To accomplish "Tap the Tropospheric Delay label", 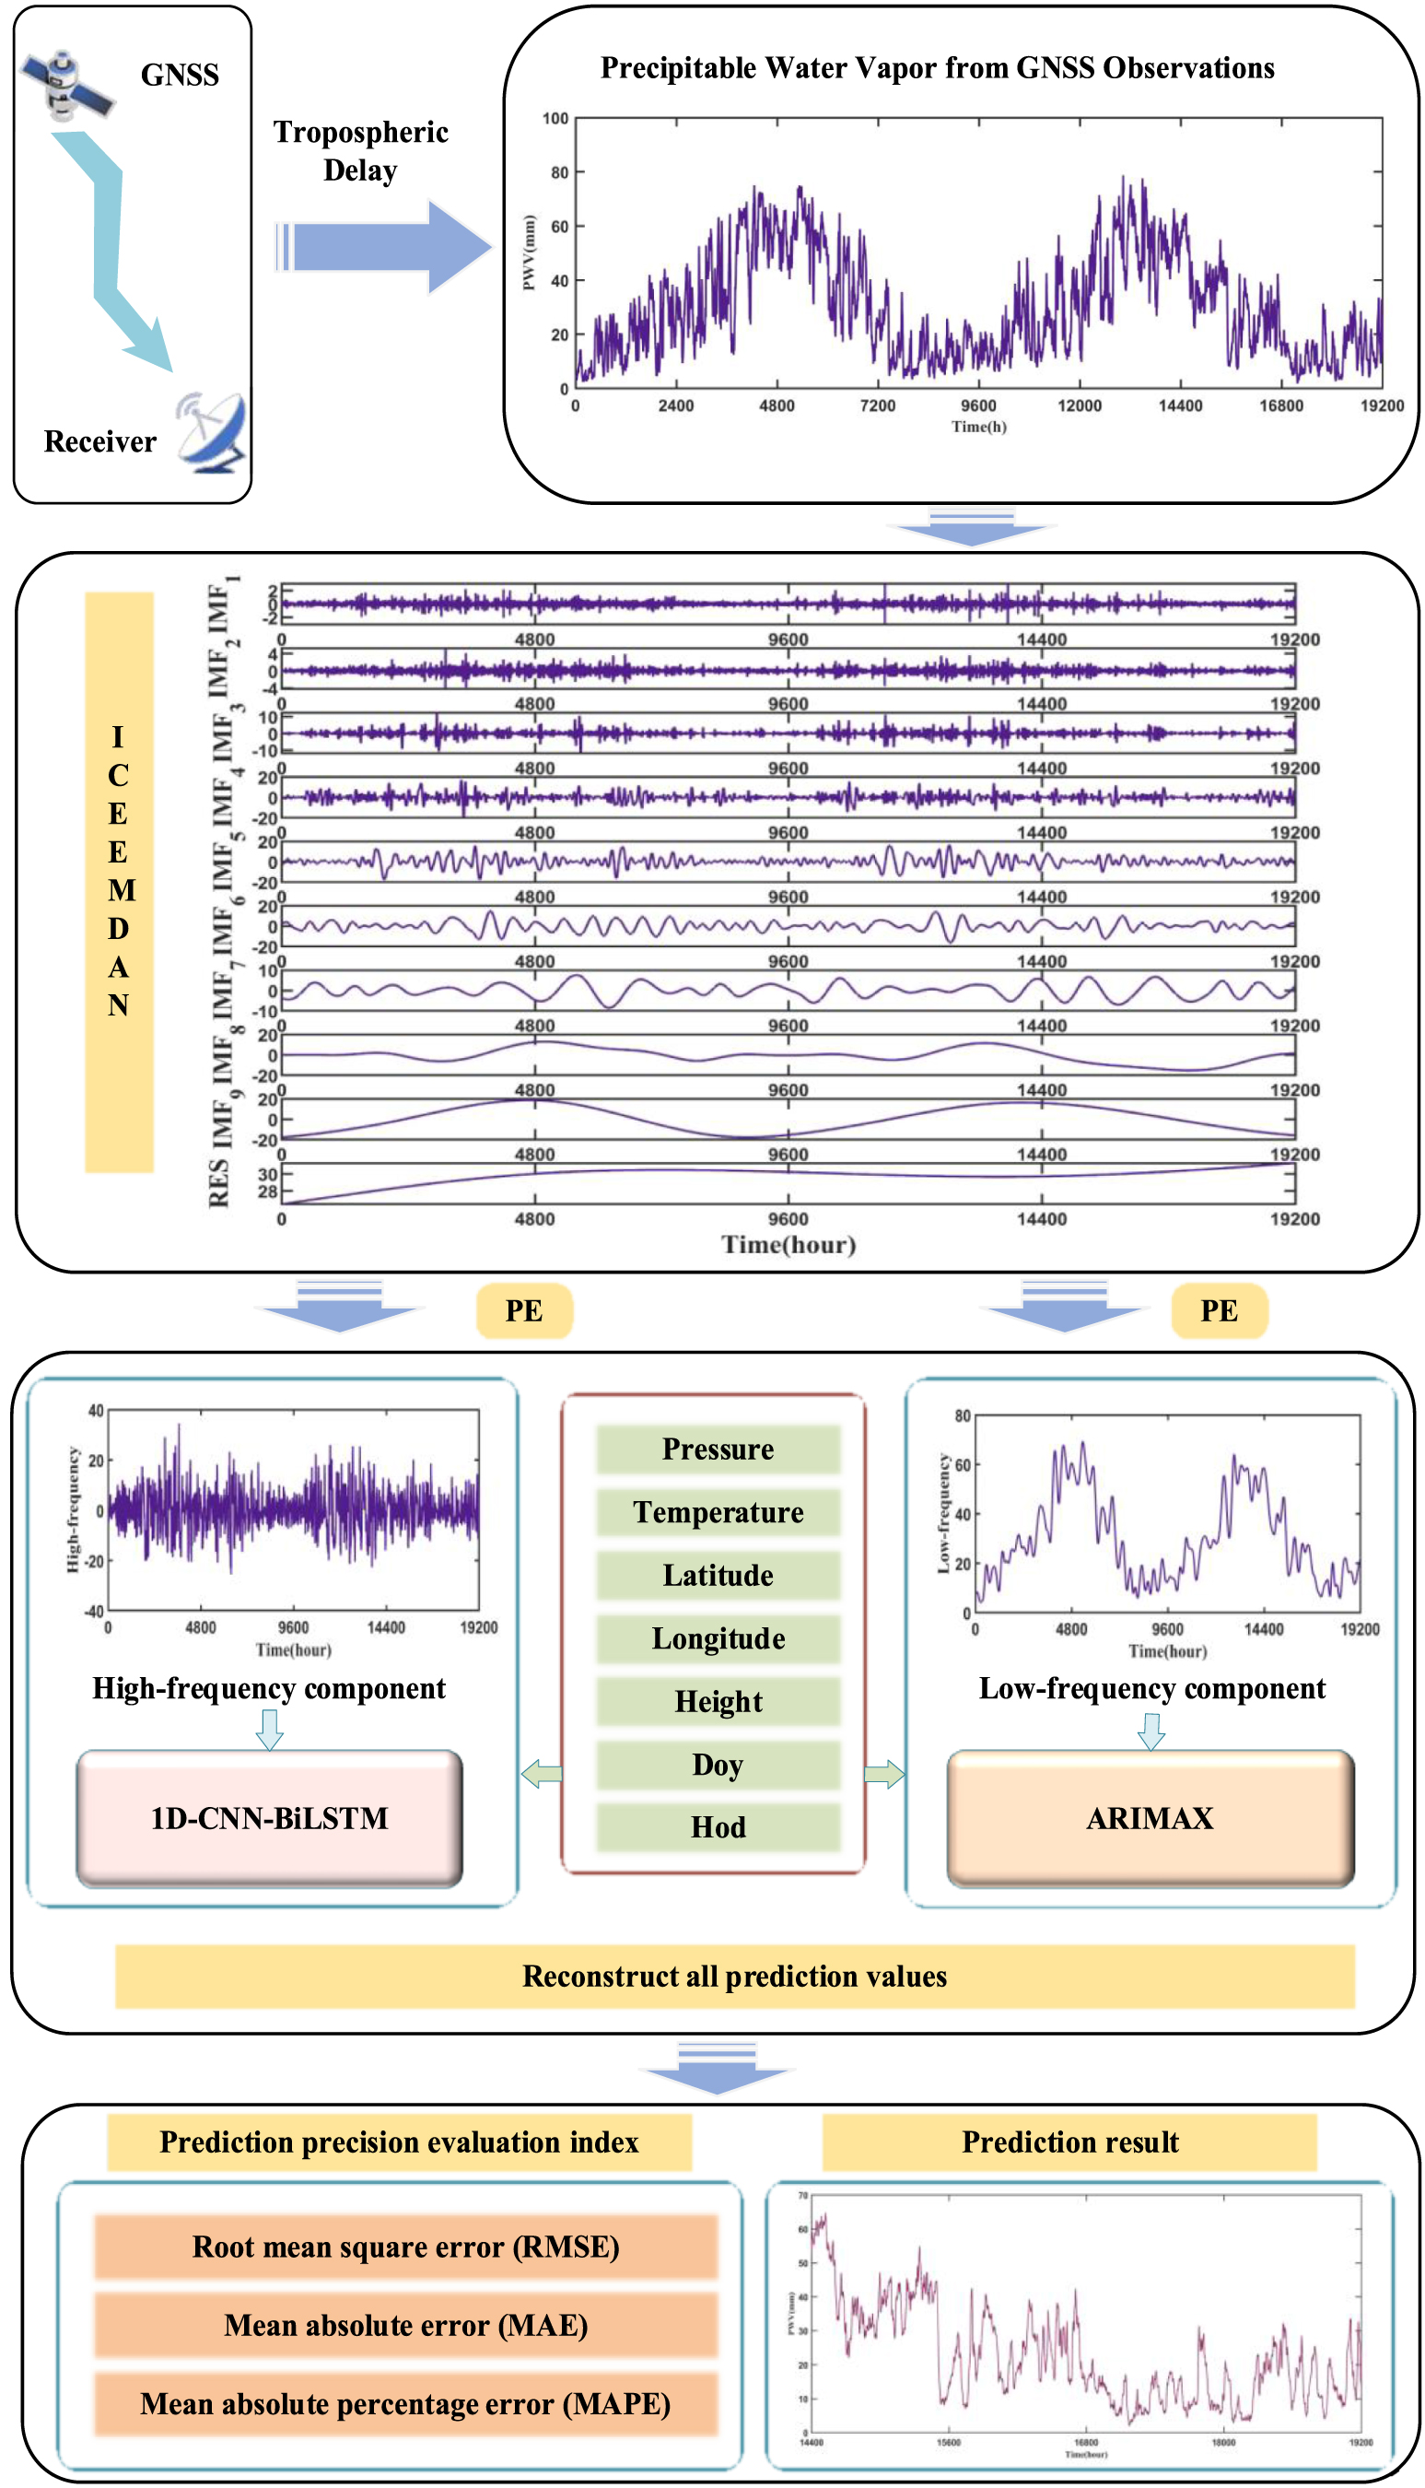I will [x=360, y=151].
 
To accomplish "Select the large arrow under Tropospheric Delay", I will [x=387, y=247].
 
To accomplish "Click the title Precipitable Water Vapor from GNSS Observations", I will [x=937, y=67].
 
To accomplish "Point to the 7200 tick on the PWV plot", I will [x=877, y=405].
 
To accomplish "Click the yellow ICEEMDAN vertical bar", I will [x=119, y=881].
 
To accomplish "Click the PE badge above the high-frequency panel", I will [x=523, y=1310].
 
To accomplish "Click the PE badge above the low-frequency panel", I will [x=1219, y=1310].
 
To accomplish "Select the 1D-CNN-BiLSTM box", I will [x=269, y=1818].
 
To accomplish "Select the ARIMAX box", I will [x=1150, y=1818].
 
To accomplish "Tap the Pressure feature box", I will [x=718, y=1449].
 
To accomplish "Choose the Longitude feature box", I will [x=718, y=1639].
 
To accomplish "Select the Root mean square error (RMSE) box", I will [x=405, y=2247].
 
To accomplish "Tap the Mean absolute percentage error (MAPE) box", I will [x=405, y=2405].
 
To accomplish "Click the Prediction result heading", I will [x=1069, y=2142].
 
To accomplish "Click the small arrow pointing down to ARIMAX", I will [x=1151, y=1731].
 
